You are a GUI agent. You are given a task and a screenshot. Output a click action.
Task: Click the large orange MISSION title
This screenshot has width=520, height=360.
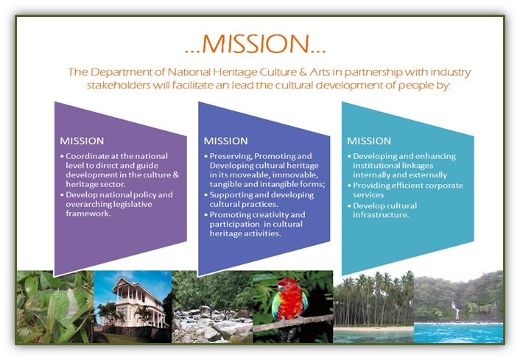click(x=256, y=43)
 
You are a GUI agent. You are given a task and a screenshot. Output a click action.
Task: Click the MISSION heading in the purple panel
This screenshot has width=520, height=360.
click(x=82, y=141)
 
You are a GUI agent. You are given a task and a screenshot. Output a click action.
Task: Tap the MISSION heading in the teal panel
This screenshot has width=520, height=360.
click(x=369, y=141)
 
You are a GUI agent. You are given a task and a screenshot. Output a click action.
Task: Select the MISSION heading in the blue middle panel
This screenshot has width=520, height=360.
click(x=226, y=141)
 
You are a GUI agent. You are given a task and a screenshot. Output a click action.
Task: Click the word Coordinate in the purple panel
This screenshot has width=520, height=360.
click(x=87, y=156)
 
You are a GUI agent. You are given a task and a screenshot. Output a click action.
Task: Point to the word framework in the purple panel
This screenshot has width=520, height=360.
click(x=88, y=213)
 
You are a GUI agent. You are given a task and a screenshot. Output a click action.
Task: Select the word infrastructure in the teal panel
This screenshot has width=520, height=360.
click(x=381, y=215)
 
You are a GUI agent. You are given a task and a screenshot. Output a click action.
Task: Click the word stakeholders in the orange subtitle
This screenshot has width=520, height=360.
click(x=119, y=85)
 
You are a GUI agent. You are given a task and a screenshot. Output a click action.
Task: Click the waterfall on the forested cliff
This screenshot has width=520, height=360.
click(x=457, y=310)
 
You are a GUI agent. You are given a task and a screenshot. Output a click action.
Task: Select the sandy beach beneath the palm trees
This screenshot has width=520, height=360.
click(x=373, y=328)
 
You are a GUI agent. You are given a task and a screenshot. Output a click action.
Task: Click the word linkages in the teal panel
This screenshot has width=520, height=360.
click(x=418, y=166)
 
